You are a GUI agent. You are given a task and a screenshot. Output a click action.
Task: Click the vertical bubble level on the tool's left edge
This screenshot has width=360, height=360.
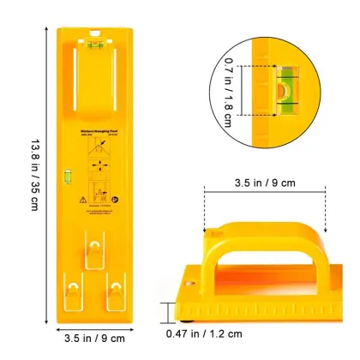click(63, 178)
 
